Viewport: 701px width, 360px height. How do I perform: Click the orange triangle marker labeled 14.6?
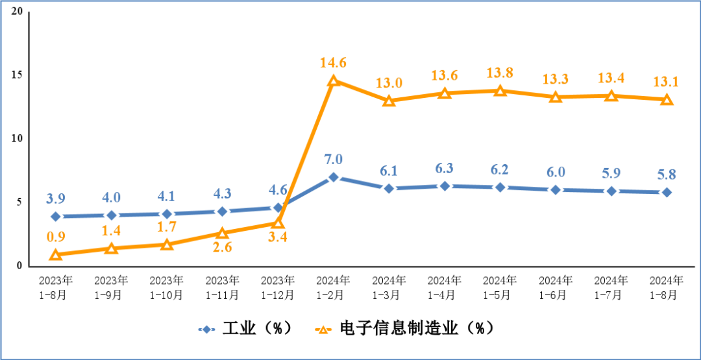click(334, 81)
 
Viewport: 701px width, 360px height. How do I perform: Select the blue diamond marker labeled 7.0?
click(334, 177)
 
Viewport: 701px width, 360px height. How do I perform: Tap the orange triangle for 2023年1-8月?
click(56, 255)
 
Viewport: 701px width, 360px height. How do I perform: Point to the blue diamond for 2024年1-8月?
click(667, 193)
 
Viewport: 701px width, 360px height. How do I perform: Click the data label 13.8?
click(500, 73)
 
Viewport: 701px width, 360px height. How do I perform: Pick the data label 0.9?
click(56, 237)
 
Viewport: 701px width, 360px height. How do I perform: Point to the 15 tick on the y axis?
click(18, 75)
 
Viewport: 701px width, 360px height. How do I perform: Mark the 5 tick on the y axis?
click(19, 202)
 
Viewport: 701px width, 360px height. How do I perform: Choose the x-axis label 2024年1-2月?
click(334, 287)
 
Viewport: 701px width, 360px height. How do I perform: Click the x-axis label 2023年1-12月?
click(278, 287)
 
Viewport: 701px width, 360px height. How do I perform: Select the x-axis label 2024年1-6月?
click(556, 287)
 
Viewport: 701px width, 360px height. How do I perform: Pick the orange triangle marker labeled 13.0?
click(389, 101)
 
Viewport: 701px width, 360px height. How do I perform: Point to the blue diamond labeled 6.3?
click(445, 186)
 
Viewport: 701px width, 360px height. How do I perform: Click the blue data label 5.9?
click(611, 174)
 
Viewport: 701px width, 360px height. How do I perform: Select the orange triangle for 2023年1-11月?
click(223, 234)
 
